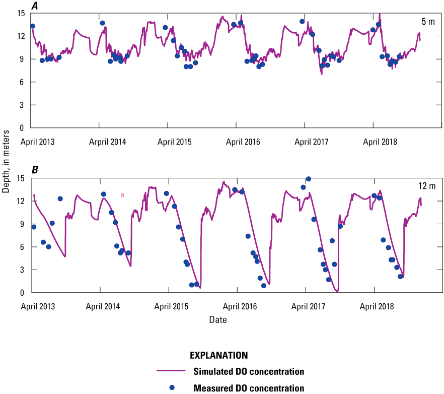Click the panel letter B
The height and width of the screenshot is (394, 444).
click(35, 170)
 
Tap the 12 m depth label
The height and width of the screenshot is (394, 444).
click(426, 186)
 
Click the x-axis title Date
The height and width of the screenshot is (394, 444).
click(218, 320)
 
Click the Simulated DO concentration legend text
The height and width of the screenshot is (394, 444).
click(249, 372)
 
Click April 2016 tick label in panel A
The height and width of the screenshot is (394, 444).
click(244, 142)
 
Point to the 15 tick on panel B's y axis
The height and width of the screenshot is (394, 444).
click(24, 178)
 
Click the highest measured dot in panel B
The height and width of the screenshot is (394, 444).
click(309, 179)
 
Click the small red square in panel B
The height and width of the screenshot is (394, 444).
click(122, 195)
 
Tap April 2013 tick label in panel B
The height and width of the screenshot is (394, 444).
click(38, 307)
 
